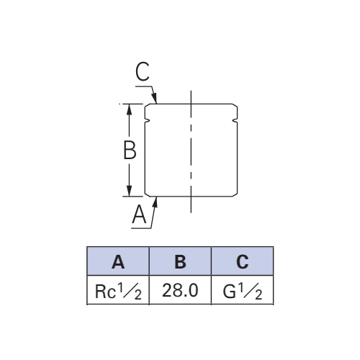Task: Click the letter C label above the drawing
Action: click(143, 71)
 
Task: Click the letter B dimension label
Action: click(130, 150)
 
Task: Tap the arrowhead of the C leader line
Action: click(155, 99)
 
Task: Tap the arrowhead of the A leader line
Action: click(156, 202)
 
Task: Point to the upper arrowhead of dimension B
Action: click(129, 109)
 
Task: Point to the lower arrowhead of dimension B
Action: click(129, 191)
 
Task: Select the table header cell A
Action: click(118, 261)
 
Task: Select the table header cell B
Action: click(180, 261)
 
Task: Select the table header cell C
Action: click(243, 261)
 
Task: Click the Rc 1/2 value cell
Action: click(118, 290)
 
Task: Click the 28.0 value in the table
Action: click(180, 290)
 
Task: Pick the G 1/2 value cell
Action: click(243, 290)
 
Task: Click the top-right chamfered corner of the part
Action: click(235, 106)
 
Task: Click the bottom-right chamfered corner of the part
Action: click(235, 194)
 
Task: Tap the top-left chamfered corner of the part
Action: click(147, 106)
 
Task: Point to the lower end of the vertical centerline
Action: click(191, 212)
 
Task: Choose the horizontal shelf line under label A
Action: click(141, 228)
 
